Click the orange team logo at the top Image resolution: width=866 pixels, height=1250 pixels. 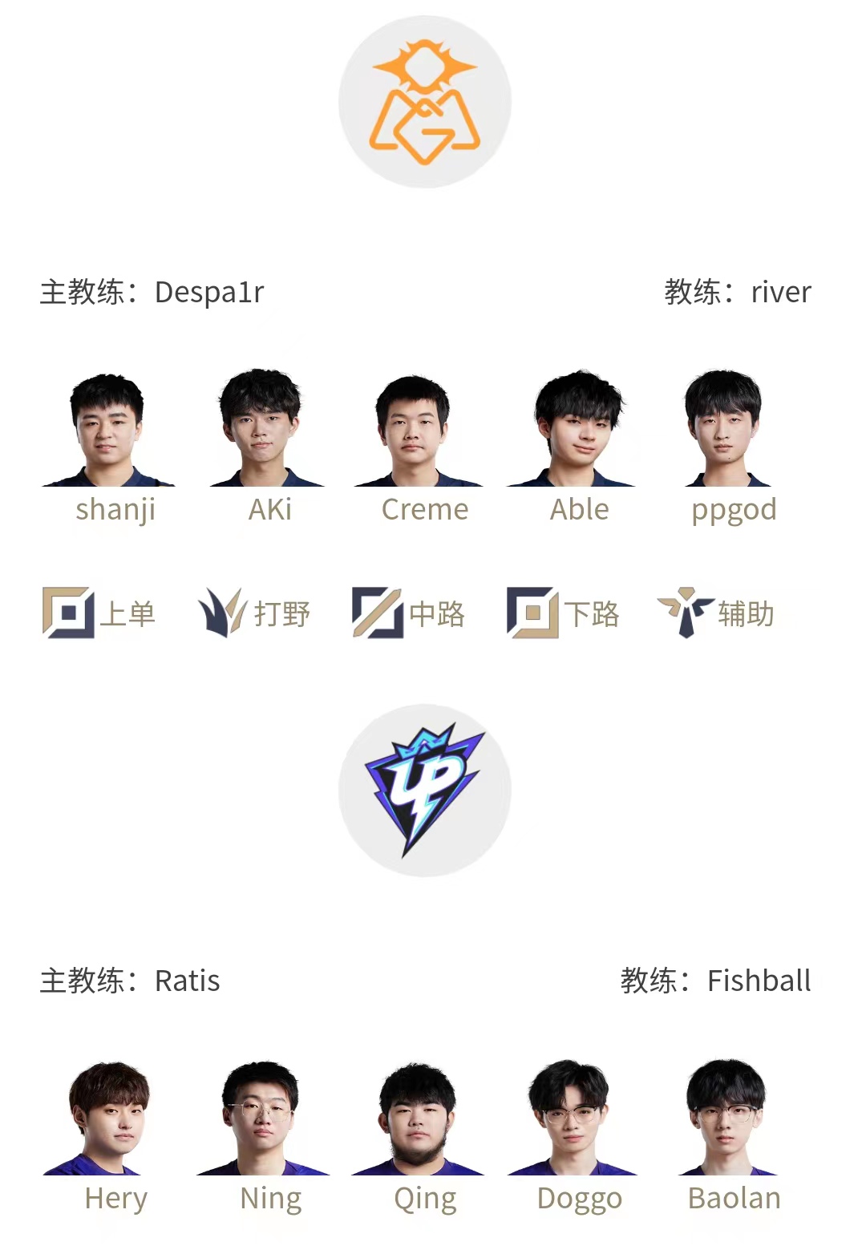[424, 102]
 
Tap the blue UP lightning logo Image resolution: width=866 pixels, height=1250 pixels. [424, 789]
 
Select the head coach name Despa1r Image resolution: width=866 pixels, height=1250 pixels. [209, 293]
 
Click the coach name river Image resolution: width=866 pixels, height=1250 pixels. [781, 293]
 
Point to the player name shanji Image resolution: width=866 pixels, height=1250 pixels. [115, 510]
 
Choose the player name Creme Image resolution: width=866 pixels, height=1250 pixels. [425, 509]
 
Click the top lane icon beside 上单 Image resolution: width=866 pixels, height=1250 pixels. [68, 613]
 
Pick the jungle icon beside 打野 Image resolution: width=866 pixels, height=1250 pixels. [222, 613]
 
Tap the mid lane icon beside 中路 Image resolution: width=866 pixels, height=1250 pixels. [377, 613]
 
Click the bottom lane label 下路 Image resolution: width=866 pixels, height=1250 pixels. [592, 614]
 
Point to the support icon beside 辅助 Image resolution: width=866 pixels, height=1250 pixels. [686, 613]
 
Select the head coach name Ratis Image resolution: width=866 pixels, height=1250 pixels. [187, 981]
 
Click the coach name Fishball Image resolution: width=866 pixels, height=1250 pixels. [759, 981]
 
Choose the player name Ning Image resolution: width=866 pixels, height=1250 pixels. [271, 1199]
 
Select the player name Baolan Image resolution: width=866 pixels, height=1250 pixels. [734, 1198]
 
